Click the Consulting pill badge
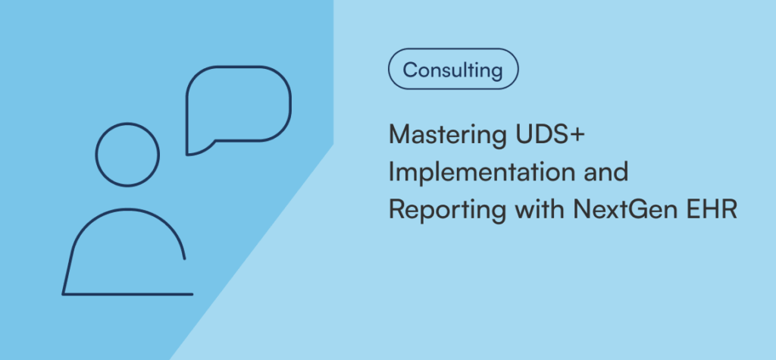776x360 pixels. coord(453,69)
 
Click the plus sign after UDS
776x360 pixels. coord(577,135)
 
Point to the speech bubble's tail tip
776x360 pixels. coord(186,155)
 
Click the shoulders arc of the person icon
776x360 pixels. coord(127,209)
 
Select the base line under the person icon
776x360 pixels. coord(127,294)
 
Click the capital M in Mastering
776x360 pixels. coord(400,134)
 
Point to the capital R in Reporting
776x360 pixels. coord(397,210)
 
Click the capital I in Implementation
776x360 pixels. coord(392,172)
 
